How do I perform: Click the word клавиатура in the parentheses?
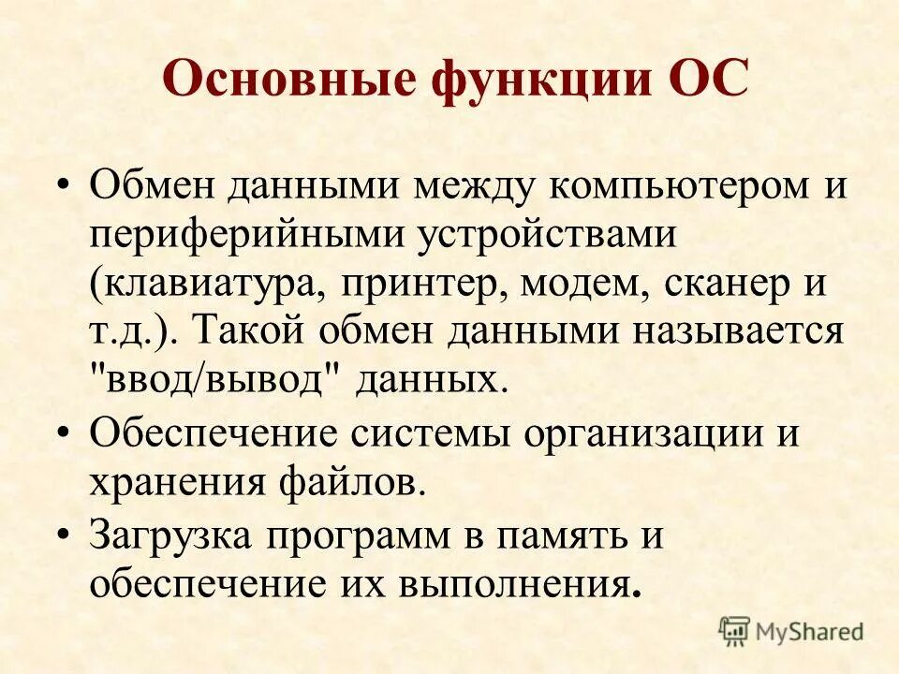[207, 283]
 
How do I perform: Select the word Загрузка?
[173, 537]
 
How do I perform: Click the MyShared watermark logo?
[791, 630]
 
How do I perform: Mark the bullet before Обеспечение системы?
[63, 432]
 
